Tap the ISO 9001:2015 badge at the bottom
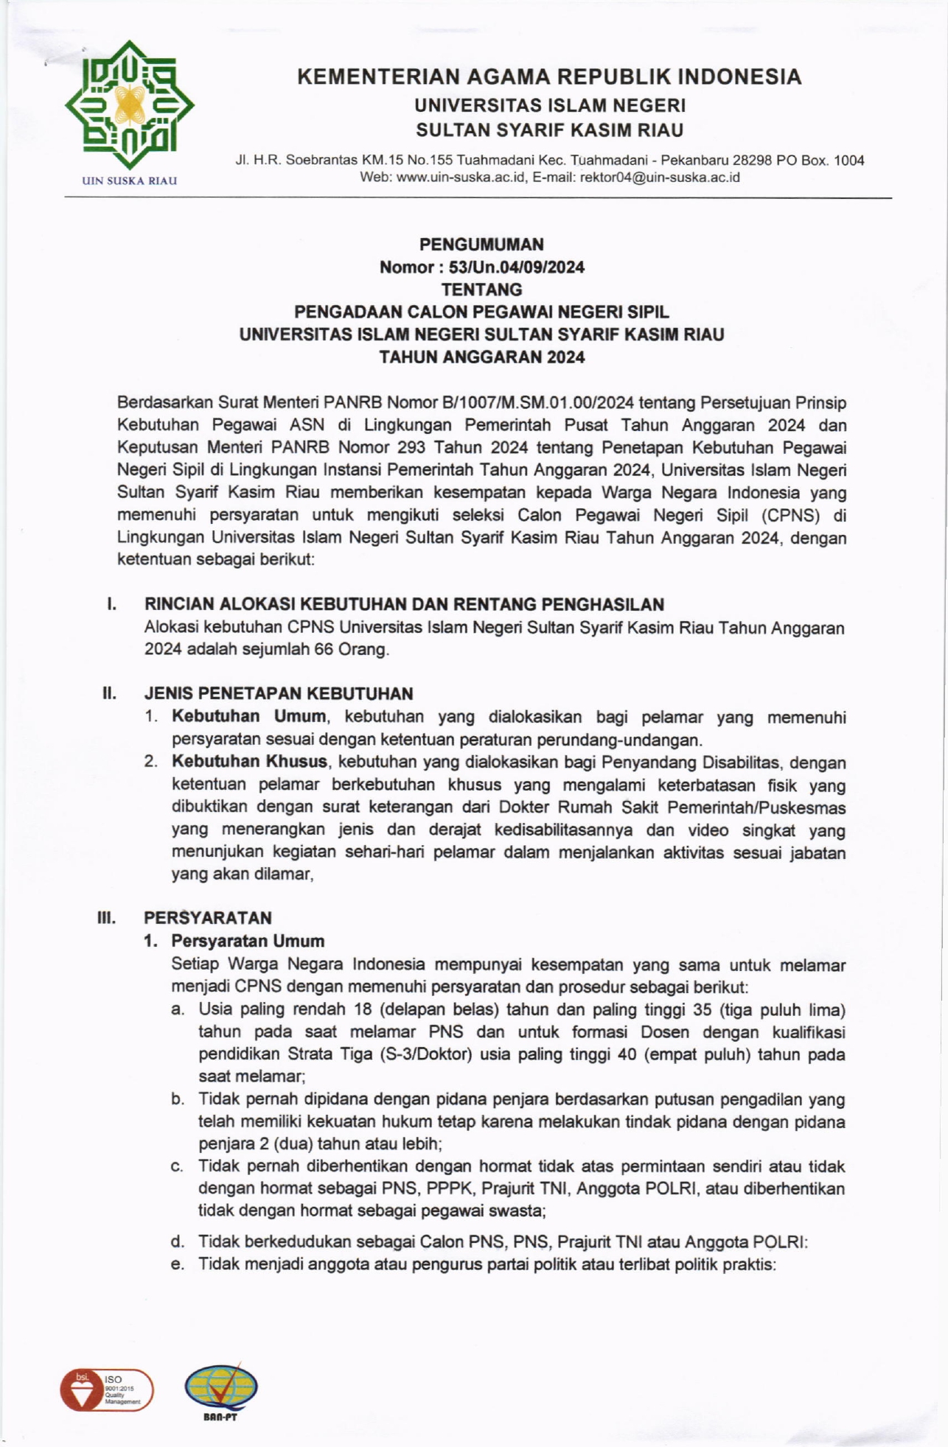point(107,1390)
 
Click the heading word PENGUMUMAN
point(481,244)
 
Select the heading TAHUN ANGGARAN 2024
point(481,357)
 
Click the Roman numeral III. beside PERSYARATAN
point(107,918)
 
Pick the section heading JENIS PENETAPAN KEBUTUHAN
point(279,693)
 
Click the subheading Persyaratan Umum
point(248,941)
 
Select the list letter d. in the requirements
point(177,1241)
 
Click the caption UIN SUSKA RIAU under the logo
point(130,181)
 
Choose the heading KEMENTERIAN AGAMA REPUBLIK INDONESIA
point(549,77)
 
